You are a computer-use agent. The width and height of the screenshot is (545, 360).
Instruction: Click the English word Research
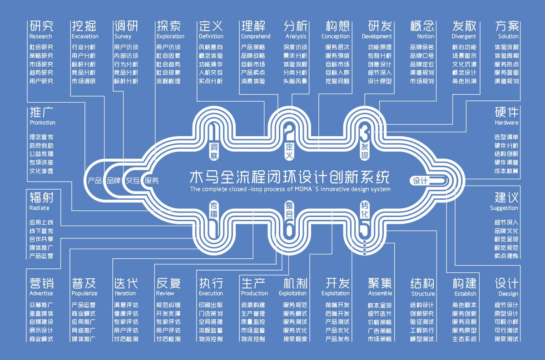coord(40,36)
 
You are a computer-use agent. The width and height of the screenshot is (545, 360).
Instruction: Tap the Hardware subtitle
coord(506,123)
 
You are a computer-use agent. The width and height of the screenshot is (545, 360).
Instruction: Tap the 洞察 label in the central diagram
coord(214,151)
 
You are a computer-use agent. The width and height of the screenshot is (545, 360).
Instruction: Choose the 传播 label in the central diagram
coord(214,210)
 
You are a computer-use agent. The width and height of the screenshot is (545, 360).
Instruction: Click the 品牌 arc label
coord(114,180)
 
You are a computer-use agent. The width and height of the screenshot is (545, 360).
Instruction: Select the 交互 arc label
coord(133,180)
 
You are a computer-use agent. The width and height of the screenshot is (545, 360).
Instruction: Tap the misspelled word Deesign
coord(508,294)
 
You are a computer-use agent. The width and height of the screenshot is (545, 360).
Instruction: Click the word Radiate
coord(39,208)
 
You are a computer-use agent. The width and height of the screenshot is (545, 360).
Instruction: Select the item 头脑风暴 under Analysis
coord(295,81)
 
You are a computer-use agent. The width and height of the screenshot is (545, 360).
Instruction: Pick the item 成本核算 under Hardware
coord(506,171)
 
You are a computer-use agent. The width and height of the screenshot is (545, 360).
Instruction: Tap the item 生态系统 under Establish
coord(464,339)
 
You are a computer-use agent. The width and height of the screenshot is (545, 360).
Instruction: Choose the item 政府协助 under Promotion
coord(41,146)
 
